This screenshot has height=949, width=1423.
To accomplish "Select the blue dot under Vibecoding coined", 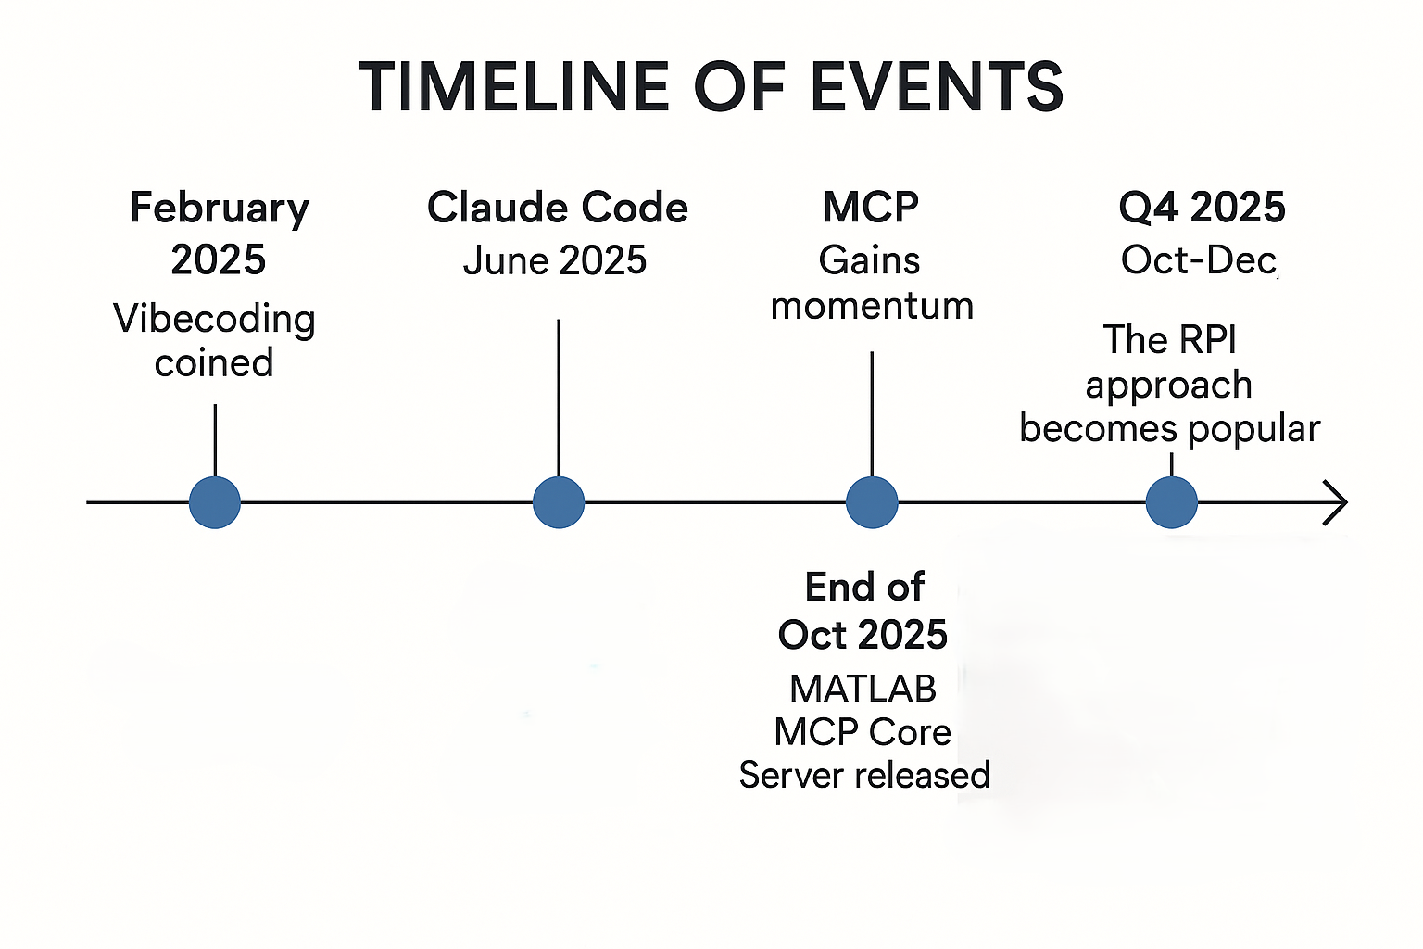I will [215, 503].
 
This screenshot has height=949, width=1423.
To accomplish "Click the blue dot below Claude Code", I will [559, 503].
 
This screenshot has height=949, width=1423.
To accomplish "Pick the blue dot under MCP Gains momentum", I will [872, 503].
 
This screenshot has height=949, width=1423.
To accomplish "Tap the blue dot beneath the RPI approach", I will [1172, 503].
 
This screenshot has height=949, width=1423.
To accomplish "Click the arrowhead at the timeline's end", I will [1336, 503].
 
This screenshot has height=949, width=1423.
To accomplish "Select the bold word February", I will [220, 209].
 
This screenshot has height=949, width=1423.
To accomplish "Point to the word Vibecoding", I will [214, 319].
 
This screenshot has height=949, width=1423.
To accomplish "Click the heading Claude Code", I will [558, 208].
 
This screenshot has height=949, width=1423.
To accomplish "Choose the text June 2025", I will [555, 260].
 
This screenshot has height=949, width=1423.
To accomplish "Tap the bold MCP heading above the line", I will [871, 208].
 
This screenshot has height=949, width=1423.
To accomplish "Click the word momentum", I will [872, 306].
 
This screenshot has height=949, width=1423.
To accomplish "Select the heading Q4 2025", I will [1202, 208].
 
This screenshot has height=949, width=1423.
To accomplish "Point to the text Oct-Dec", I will [1199, 260].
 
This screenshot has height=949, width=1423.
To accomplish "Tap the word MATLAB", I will [863, 689].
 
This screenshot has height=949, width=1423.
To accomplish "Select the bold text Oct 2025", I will [863, 636].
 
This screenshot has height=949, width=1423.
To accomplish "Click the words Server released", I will [864, 775].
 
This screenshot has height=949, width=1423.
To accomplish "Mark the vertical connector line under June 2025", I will [559, 399].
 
